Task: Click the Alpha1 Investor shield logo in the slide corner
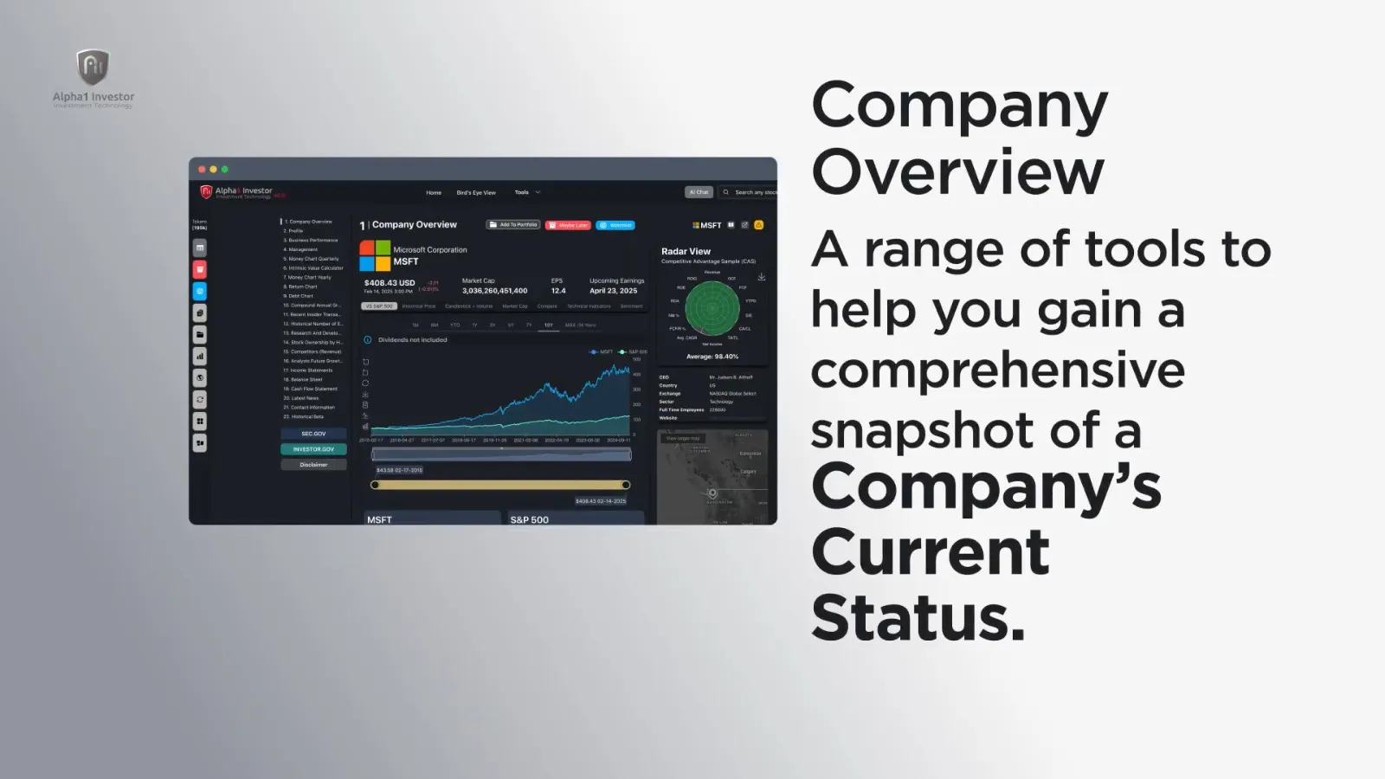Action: [93, 68]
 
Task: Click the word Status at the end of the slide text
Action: [918, 617]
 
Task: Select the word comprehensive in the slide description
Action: [997, 370]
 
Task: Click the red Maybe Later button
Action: [568, 225]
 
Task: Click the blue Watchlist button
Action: [615, 225]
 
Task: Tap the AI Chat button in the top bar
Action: [699, 192]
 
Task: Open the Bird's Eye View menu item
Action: [476, 192]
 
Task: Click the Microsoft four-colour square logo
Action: [375, 255]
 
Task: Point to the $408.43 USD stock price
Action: [390, 283]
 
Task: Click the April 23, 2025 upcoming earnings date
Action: [613, 291]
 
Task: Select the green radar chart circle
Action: [712, 308]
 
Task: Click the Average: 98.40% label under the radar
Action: [712, 357]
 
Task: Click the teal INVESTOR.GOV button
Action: [313, 449]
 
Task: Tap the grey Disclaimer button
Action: [313, 465]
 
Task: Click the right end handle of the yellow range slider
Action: [625, 485]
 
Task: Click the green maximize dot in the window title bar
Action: [225, 170]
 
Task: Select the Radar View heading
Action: [686, 251]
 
